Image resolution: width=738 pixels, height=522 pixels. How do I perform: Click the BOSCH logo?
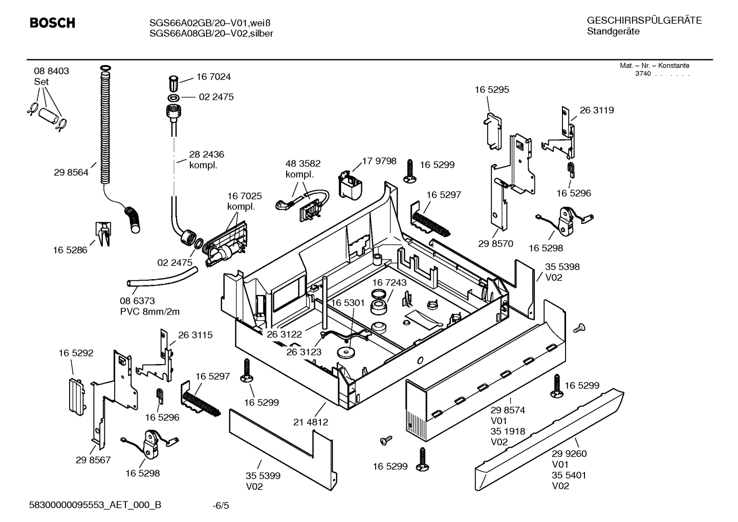[x=52, y=23]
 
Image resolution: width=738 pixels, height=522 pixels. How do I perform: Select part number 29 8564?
[x=71, y=173]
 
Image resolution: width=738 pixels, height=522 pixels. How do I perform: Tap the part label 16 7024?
[x=213, y=77]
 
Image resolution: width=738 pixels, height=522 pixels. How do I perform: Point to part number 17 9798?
[x=379, y=161]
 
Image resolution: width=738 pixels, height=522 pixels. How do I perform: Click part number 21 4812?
[x=311, y=422]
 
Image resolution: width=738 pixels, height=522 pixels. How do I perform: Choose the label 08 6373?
[x=137, y=301]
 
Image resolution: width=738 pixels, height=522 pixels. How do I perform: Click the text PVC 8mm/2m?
[x=150, y=312]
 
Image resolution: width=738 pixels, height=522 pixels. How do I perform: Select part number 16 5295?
[x=492, y=90]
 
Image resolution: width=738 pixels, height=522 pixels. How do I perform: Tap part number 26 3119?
[x=597, y=110]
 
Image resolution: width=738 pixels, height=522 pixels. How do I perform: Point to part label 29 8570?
[x=495, y=244]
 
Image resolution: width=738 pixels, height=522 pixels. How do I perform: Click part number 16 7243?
[x=389, y=283]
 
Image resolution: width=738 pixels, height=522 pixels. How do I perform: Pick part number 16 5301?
[x=348, y=303]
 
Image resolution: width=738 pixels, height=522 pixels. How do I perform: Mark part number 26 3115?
[x=195, y=335]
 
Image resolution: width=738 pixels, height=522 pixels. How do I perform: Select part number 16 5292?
[x=76, y=353]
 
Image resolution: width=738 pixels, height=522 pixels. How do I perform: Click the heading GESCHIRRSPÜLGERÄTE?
[x=644, y=21]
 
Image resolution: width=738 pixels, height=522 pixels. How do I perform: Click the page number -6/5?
[x=221, y=506]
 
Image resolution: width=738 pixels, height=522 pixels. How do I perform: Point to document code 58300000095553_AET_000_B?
[x=95, y=505]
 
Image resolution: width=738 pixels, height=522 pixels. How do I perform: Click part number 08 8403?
[x=52, y=71]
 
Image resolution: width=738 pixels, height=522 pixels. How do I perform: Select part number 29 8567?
[x=93, y=460]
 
